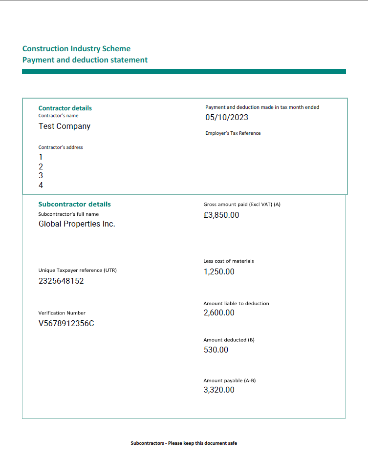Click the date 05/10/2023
click(x=227, y=117)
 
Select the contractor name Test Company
click(x=65, y=126)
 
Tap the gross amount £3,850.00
click(x=221, y=215)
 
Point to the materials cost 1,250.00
click(x=219, y=271)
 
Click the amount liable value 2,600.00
click(x=219, y=312)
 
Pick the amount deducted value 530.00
click(x=216, y=350)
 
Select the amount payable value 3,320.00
click(x=219, y=390)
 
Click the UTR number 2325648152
click(x=61, y=281)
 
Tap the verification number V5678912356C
click(x=66, y=323)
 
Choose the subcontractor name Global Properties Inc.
click(x=77, y=224)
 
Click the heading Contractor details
click(x=65, y=108)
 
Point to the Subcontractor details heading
click(x=74, y=204)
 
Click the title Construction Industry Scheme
click(x=76, y=48)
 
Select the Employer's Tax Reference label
click(x=233, y=133)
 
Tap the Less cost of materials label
click(x=229, y=261)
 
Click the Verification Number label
click(x=62, y=313)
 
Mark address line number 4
click(x=41, y=186)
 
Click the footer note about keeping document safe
click(x=184, y=443)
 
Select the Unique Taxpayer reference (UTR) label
click(x=78, y=270)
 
